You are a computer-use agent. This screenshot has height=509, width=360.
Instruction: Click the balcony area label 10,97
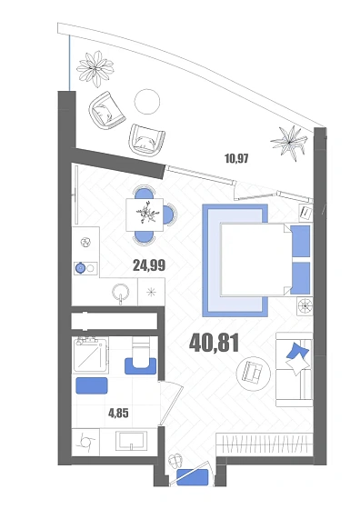pyautogui.click(x=236, y=158)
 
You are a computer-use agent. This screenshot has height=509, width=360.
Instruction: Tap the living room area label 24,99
pyautogui.click(x=149, y=265)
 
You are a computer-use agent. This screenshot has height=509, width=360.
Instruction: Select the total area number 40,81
pyautogui.click(x=214, y=344)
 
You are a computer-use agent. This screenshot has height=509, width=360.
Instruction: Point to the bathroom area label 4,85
pyautogui.click(x=118, y=414)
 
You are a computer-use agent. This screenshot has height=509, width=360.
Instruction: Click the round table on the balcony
pyautogui.click(x=147, y=101)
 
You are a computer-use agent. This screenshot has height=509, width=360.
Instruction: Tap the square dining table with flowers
pyautogui.click(x=145, y=215)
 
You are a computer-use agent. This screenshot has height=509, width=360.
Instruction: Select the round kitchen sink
pyautogui.click(x=121, y=293)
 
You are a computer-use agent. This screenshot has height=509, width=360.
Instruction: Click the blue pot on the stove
pyautogui.click(x=80, y=268)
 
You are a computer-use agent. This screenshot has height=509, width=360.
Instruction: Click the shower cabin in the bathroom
pyautogui.click(x=91, y=354)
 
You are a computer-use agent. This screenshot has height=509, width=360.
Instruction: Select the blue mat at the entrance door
pyautogui.click(x=193, y=477)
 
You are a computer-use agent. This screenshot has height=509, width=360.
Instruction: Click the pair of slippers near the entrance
pyautogui.click(x=176, y=460)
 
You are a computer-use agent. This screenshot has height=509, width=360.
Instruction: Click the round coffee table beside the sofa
pyautogui.click(x=254, y=374)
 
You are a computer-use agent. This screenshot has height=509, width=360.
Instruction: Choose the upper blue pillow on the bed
pyautogui.click(x=300, y=242)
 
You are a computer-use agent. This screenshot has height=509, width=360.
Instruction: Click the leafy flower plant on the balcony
pyautogui.click(x=95, y=69)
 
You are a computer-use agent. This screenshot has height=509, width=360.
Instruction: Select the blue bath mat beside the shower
pyautogui.click(x=92, y=385)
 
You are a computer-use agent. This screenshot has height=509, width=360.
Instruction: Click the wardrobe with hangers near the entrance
pyautogui.click(x=265, y=444)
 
